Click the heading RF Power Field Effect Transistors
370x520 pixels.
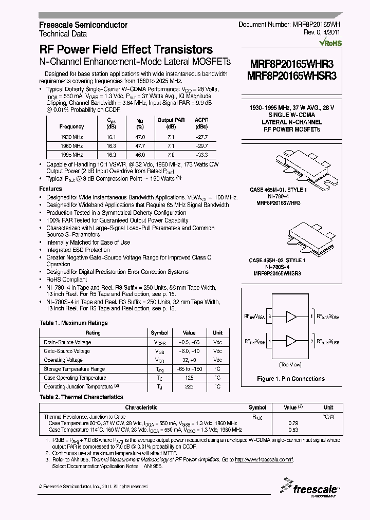tap(126, 50)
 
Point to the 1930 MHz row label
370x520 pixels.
tap(71, 137)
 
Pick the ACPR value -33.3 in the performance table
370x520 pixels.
tap(201, 155)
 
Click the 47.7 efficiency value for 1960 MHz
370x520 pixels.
tap(140, 146)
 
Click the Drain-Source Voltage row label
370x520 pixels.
tap(67, 342)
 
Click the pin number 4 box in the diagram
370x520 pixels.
tap(270, 341)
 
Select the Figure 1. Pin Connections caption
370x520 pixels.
tap(290, 379)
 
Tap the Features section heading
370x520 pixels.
tap(50, 189)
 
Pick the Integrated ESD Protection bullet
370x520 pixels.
tap(78, 250)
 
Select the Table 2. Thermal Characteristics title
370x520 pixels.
tap(81, 397)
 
